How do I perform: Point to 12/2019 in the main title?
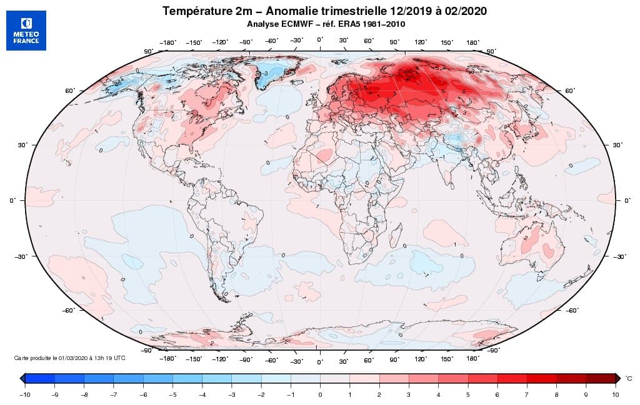coord(392,11)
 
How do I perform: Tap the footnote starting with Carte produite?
coord(69,358)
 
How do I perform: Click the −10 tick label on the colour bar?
coord(25,394)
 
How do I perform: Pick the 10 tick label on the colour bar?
coord(616,394)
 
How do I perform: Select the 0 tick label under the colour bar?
coord(320,394)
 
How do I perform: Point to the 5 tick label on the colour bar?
coord(468,394)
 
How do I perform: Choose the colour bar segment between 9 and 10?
coord(601,378)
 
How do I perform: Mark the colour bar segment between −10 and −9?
coord(40,378)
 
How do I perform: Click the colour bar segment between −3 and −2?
coord(246,378)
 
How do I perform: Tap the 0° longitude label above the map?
coord(320,40)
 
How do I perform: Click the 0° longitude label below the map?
coord(320,361)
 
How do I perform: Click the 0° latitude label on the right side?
coord(627,201)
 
